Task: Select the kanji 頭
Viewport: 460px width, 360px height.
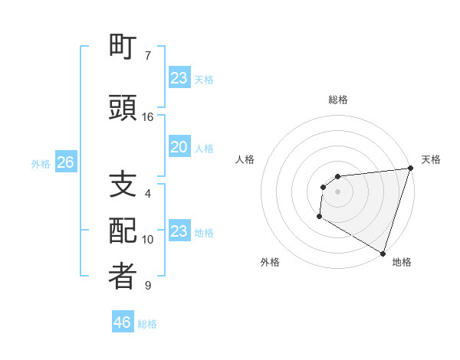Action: (123, 108)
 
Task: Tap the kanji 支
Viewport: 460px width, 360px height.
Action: (123, 185)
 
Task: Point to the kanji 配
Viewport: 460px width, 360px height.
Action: (123, 231)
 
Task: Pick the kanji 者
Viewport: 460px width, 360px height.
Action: (123, 277)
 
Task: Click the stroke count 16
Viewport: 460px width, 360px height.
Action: (148, 117)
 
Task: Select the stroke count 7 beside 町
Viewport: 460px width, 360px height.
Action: (148, 56)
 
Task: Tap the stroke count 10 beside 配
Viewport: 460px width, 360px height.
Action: (148, 240)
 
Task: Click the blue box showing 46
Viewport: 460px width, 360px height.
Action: (123, 322)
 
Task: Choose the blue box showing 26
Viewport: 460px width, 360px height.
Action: (65, 162)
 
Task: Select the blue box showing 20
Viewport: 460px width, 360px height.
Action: (179, 147)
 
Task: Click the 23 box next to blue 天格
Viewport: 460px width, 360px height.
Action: (179, 78)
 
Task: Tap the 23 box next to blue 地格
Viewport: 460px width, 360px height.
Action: (179, 231)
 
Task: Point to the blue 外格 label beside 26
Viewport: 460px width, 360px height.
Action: (41, 163)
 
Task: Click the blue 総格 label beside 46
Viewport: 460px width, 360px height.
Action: (147, 323)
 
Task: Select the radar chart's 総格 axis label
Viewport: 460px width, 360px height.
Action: (338, 100)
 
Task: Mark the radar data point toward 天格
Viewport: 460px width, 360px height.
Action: (409, 169)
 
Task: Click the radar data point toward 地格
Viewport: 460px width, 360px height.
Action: (383, 252)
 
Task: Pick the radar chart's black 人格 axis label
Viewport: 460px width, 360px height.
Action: (245, 159)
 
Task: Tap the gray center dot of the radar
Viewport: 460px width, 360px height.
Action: (337, 191)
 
